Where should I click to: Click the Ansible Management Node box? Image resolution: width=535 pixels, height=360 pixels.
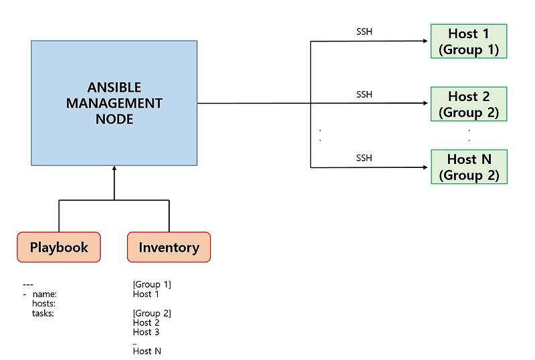point(114,103)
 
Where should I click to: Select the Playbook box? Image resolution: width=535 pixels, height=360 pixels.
point(59,247)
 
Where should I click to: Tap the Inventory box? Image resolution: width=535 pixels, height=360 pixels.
point(169,247)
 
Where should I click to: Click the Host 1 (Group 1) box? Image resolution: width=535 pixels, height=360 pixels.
point(468,41)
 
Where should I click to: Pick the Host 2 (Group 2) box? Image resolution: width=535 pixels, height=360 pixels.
point(468,104)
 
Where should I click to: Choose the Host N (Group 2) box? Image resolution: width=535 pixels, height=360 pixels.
point(468,167)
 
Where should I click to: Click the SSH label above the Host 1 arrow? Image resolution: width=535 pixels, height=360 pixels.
point(364,32)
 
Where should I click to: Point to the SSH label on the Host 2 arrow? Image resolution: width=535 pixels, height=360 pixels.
point(364,94)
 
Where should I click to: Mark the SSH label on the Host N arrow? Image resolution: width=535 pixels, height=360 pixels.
point(364,158)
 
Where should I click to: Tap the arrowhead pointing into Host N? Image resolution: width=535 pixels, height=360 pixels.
point(425,167)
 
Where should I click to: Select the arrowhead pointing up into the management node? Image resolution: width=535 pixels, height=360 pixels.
point(114,169)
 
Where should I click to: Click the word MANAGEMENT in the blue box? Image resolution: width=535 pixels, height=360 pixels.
point(124,104)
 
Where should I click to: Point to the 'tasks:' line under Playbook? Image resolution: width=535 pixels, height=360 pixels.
point(43,313)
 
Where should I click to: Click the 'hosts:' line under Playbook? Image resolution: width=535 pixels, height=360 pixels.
point(43,303)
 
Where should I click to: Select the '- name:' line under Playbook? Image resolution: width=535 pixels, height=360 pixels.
point(40,294)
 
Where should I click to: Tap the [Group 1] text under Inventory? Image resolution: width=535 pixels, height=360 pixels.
point(152,284)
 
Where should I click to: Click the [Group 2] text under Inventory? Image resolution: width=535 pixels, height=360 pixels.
point(152,313)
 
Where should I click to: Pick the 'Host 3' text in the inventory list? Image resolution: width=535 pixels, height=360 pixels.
point(146,332)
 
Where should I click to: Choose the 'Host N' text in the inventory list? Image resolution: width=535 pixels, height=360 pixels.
point(147,351)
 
